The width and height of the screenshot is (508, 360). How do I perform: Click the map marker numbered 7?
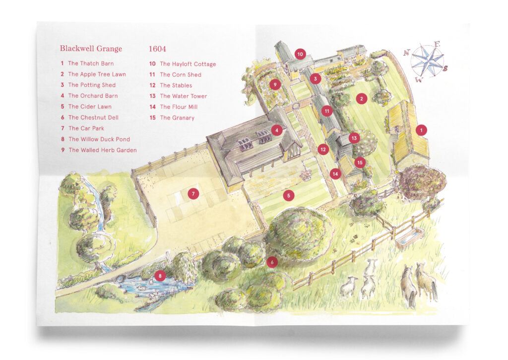pyautogui.click(x=193, y=194)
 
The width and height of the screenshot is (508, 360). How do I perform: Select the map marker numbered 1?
pyautogui.click(x=421, y=130)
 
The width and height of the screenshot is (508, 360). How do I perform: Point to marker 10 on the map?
pyautogui.click(x=300, y=54)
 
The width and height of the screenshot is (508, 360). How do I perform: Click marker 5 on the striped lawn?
pyautogui.click(x=289, y=196)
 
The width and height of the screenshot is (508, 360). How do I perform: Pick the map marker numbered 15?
pyautogui.click(x=360, y=162)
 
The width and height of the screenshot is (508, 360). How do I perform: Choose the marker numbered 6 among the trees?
pyautogui.click(x=271, y=262)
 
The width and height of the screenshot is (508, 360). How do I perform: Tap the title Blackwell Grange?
pyautogui.click(x=91, y=49)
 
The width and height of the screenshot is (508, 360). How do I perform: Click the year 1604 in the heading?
pyautogui.click(x=157, y=49)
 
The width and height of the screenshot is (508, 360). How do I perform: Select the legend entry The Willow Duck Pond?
pyautogui.click(x=99, y=140)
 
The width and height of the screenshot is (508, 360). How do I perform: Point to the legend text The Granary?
pyautogui.click(x=177, y=118)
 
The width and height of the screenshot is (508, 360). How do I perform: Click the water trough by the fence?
pyautogui.click(x=409, y=238)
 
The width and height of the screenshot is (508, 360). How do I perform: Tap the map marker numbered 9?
pyautogui.click(x=274, y=85)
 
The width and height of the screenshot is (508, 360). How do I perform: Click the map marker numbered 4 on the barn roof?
pyautogui.click(x=276, y=131)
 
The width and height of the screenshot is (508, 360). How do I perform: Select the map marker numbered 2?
pyautogui.click(x=362, y=99)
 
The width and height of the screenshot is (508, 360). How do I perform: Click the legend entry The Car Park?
pyautogui.click(x=84, y=129)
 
